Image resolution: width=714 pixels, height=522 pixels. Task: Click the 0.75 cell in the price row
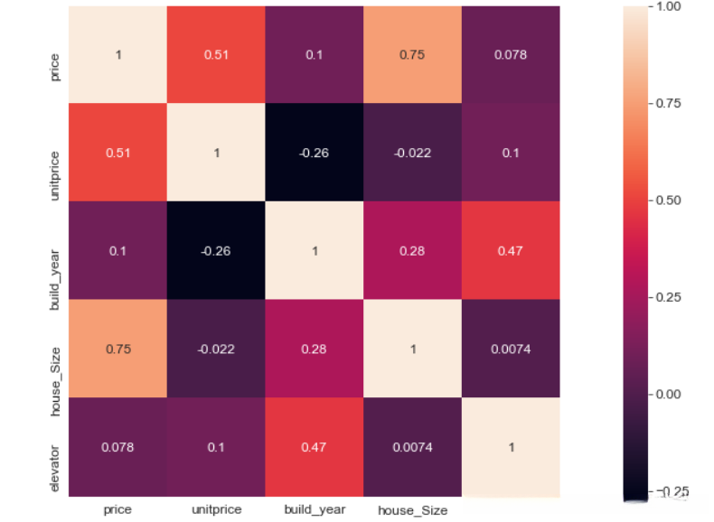tap(413, 54)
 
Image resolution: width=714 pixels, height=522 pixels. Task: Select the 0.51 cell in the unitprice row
tap(117, 153)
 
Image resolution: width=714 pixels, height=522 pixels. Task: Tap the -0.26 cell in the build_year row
tap(216, 250)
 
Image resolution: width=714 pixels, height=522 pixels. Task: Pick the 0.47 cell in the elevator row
tap(315, 446)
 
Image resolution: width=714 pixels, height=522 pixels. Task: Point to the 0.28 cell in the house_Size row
tap(315, 349)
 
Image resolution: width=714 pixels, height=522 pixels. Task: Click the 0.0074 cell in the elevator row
tap(413, 446)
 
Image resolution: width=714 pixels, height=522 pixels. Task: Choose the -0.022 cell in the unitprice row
tap(413, 153)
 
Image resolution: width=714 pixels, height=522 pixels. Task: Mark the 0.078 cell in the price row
tap(511, 54)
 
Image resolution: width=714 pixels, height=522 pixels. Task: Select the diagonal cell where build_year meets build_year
tap(315, 250)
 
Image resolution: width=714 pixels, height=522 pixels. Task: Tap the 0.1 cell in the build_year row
tap(117, 250)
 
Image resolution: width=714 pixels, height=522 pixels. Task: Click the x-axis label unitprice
tap(216, 509)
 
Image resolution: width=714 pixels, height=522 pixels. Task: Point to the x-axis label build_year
tap(315, 509)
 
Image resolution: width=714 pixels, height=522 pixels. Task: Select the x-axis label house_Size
tap(413, 510)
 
